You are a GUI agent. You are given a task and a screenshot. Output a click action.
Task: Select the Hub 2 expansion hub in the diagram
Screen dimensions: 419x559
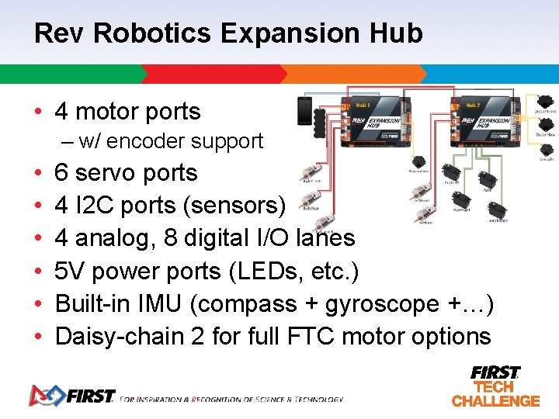tap(485, 119)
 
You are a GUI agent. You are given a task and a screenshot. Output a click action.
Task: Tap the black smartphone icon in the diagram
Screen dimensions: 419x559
tap(304, 111)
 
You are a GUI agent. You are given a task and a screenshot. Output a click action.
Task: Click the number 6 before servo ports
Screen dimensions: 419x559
tap(61, 173)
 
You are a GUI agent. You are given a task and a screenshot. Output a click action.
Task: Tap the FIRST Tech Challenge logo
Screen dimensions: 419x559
tap(495, 386)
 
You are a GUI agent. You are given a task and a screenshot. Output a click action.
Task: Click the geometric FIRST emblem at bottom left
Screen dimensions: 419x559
tap(45, 396)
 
